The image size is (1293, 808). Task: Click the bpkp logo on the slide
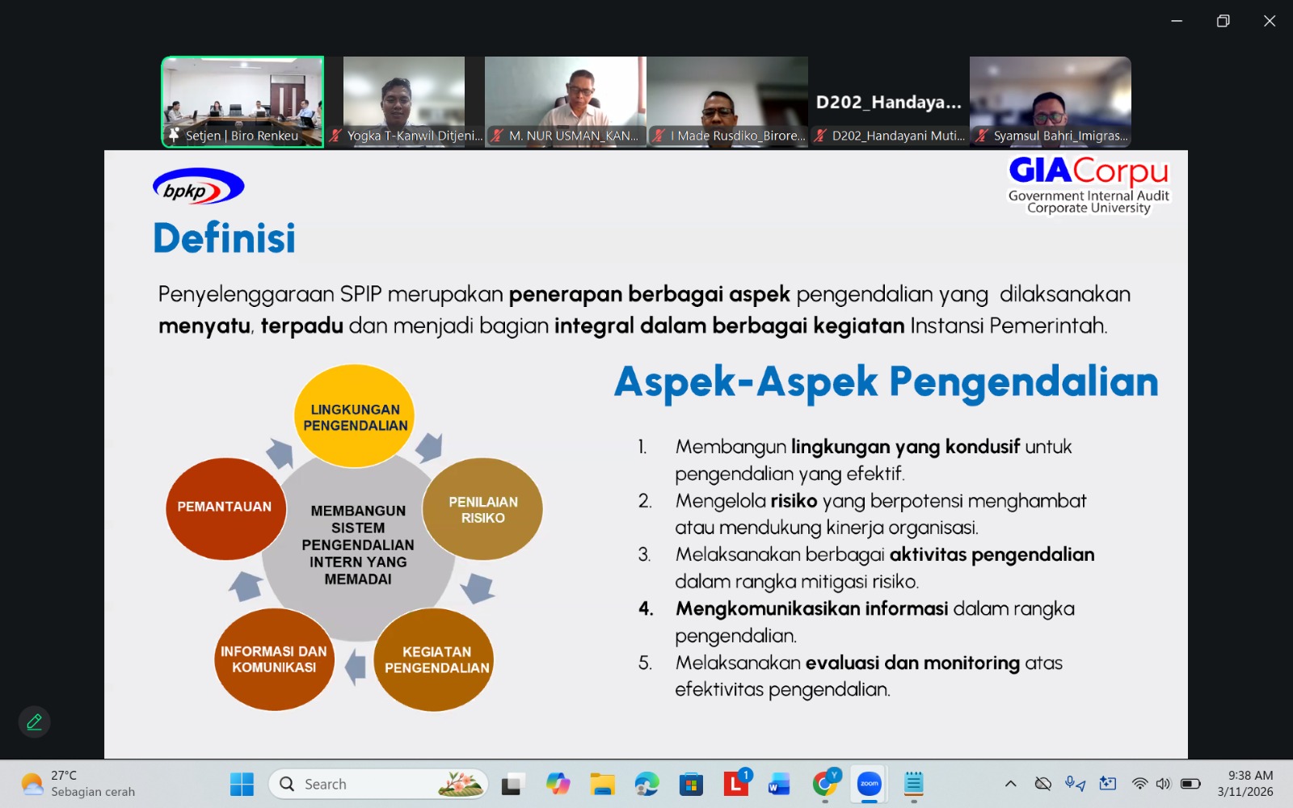tap(198, 187)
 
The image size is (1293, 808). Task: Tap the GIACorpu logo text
tap(1088, 170)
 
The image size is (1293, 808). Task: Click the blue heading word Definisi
tap(225, 238)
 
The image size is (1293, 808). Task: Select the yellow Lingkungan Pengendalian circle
tap(355, 416)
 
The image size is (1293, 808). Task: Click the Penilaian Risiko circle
tap(482, 509)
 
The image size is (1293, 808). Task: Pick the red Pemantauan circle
tap(225, 507)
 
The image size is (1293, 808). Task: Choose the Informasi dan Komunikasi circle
tap(274, 659)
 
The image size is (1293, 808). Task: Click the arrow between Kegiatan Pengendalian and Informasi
tap(356, 667)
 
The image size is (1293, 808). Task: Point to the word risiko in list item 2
tap(794, 501)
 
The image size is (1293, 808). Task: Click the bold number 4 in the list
tap(646, 608)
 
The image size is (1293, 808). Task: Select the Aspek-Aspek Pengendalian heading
tap(886, 381)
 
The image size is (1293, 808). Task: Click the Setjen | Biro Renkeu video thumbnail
tap(242, 101)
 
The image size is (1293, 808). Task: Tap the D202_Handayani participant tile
tap(889, 101)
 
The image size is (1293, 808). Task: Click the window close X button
tap(1270, 21)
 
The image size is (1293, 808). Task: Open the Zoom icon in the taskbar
tap(870, 784)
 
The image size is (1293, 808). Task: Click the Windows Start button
tap(242, 784)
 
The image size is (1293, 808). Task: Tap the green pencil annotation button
tap(34, 722)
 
